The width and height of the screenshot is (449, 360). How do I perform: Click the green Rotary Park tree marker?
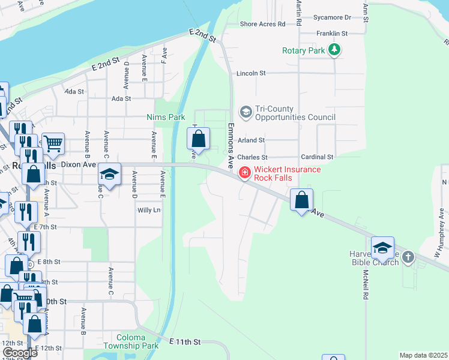(334, 50)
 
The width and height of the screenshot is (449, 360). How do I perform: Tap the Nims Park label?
(166, 118)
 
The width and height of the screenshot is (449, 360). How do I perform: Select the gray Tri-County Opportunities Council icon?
(246, 112)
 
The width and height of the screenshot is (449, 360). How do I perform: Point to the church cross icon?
(408, 257)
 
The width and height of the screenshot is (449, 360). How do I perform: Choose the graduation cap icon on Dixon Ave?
(109, 173)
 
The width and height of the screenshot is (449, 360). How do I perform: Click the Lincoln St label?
(251, 73)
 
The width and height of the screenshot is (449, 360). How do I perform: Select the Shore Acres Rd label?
(262, 24)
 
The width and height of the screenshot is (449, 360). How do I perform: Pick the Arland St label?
(251, 140)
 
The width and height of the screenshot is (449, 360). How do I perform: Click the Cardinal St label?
(317, 157)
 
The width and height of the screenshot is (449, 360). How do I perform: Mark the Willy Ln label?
(149, 210)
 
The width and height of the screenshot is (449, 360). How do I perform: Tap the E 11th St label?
(184, 341)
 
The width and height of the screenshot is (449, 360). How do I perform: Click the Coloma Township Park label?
(130, 341)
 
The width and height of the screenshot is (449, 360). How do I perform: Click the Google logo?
(19, 353)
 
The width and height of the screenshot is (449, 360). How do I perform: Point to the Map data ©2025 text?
(423, 355)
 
